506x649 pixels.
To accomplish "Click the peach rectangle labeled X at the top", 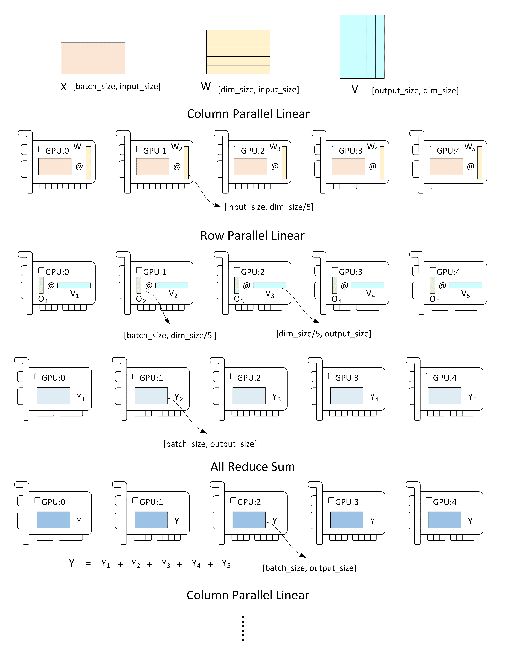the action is point(93,58).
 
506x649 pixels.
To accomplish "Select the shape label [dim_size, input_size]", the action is point(258,89).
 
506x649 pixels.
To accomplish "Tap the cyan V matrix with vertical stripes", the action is point(362,47).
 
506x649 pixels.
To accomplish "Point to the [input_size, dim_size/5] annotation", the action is point(269,207).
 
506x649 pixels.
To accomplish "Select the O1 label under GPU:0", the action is point(43,299).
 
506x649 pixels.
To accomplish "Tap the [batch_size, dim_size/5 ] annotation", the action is point(170,335).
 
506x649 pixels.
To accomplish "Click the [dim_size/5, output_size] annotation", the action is point(324,334).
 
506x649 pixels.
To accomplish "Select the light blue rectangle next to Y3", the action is point(249,395).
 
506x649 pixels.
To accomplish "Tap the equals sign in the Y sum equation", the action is point(88,563).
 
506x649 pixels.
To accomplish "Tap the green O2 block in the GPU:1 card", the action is point(139,285).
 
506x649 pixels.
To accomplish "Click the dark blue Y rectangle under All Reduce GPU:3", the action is point(347,520).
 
